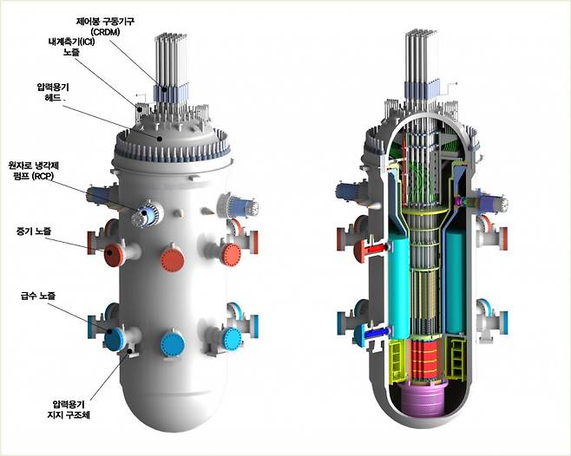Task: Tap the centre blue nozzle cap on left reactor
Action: [x=172, y=343]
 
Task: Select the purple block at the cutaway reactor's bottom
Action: [x=426, y=406]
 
